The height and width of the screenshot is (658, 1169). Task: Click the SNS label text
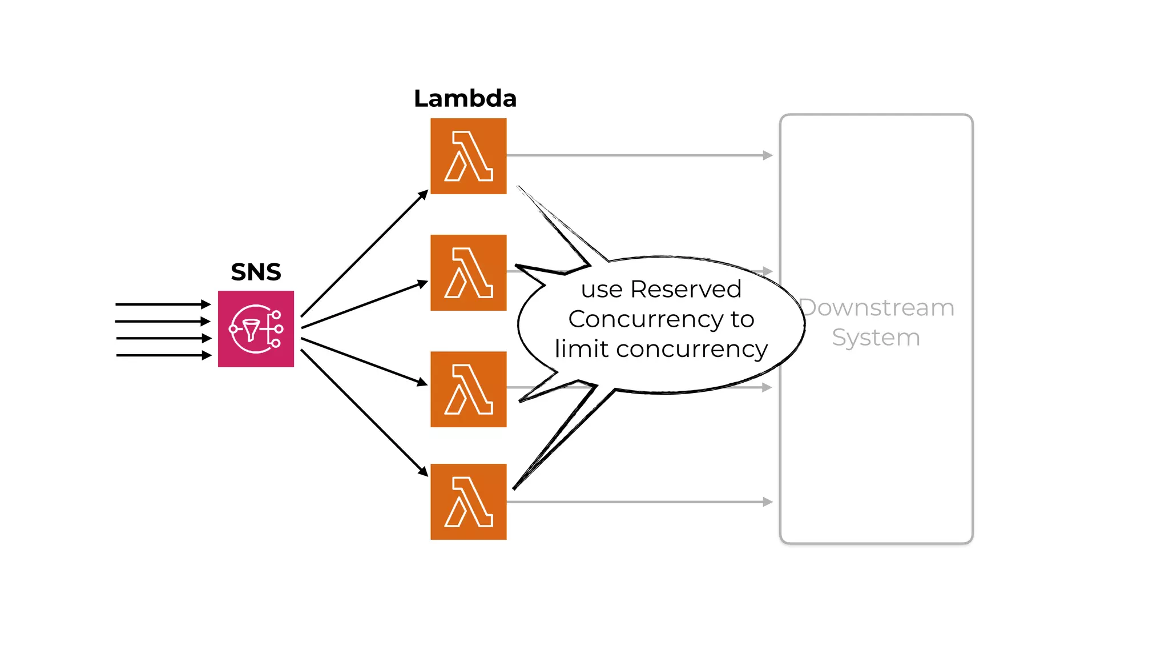tap(256, 272)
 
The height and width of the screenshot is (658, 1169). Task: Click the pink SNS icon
tap(256, 329)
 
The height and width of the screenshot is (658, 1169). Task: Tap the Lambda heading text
tap(465, 98)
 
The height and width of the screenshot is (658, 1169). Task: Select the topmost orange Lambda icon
tap(468, 156)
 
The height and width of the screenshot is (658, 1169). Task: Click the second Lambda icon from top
tap(468, 272)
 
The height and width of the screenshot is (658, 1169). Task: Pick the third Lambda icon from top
tap(468, 389)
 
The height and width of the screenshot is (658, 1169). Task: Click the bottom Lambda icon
tap(468, 501)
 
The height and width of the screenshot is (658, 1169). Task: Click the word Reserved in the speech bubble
tap(686, 290)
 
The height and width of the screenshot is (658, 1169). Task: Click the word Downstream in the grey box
tap(877, 308)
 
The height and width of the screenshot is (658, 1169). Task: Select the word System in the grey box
tap(876, 338)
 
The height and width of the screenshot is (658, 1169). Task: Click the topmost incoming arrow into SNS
tap(163, 304)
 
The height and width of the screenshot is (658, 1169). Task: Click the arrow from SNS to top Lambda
tap(364, 254)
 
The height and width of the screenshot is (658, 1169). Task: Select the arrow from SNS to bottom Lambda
tap(364, 412)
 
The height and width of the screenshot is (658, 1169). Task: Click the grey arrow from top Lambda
tap(639, 155)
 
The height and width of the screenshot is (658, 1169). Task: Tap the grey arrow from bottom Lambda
tap(639, 502)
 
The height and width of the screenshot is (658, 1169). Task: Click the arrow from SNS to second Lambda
tap(364, 305)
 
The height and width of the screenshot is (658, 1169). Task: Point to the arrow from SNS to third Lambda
tap(364, 361)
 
